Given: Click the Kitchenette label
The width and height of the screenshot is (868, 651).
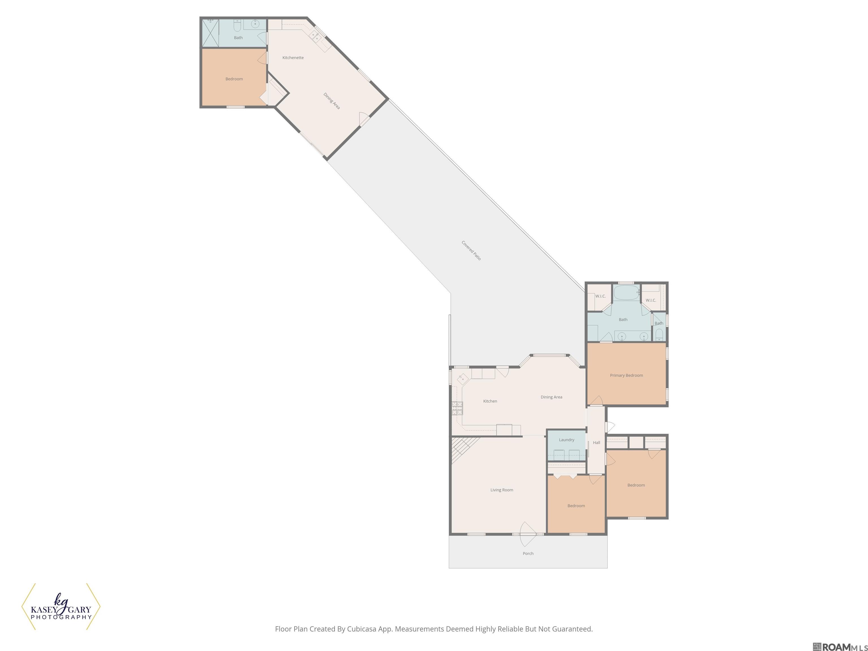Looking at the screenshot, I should [293, 58].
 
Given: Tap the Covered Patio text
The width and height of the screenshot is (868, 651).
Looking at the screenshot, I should [471, 250].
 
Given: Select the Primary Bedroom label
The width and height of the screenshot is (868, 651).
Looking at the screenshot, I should [626, 376].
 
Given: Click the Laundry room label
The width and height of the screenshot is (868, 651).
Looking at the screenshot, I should [566, 440].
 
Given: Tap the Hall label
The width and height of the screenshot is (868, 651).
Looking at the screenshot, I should [596, 443].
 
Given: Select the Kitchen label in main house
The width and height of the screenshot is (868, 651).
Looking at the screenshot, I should [490, 401].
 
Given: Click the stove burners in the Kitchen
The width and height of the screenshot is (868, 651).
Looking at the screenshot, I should [457, 408].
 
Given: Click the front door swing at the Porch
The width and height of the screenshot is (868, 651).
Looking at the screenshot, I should [528, 535].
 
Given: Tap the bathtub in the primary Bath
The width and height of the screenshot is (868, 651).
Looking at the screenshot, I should [627, 293].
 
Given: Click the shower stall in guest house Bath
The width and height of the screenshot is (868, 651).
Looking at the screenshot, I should [210, 33].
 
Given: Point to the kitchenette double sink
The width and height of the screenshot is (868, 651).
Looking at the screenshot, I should [315, 36].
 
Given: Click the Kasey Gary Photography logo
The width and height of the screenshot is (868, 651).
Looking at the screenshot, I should [61, 607].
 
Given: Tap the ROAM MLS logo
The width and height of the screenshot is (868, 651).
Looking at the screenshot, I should [840, 647].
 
